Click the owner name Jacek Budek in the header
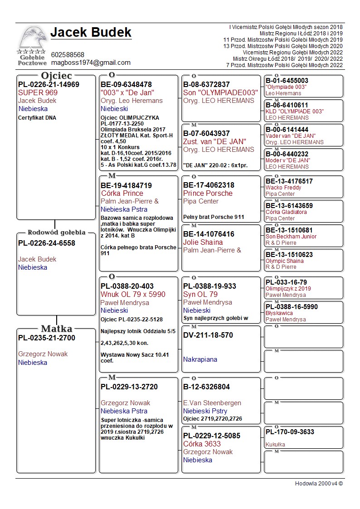(91, 33)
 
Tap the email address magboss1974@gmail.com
(91, 63)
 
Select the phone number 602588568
(68, 55)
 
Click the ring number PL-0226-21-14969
(49, 85)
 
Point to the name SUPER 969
(38, 92)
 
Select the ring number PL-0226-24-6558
(47, 243)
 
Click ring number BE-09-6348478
(126, 85)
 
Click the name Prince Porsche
(208, 193)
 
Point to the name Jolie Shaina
(203, 242)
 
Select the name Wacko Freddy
(283, 188)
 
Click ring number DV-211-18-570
(208, 335)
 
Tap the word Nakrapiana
(200, 359)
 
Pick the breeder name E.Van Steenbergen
(212, 403)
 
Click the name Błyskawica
(279, 313)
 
